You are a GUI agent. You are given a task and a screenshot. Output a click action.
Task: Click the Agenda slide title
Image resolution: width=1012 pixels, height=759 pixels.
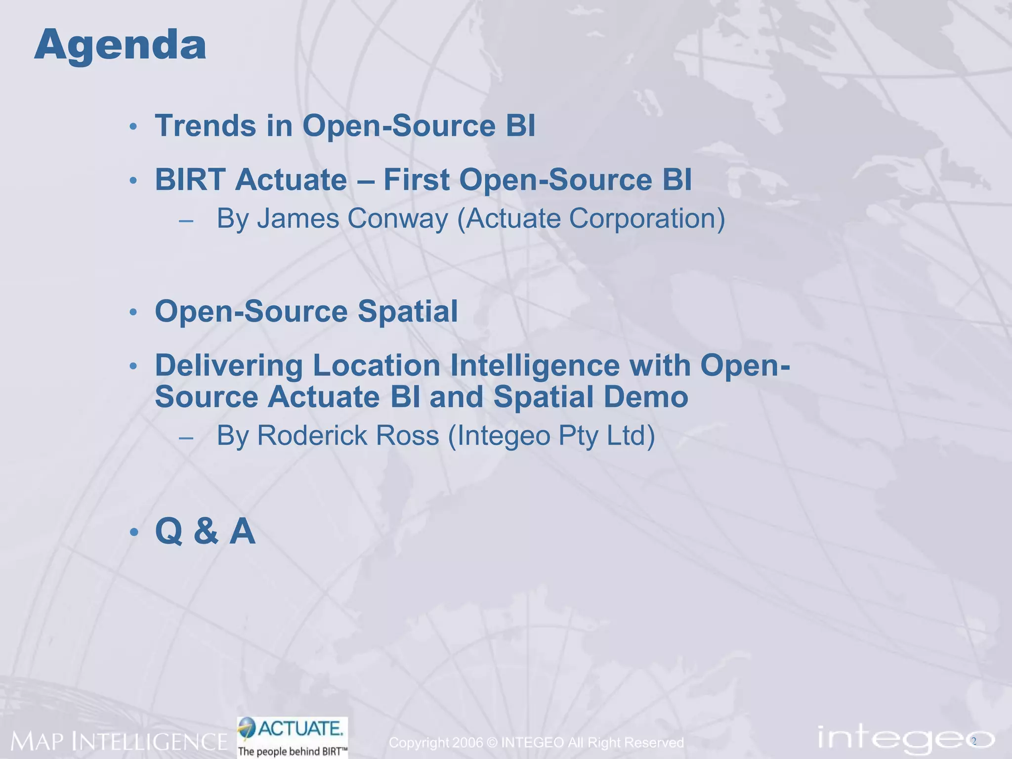120,45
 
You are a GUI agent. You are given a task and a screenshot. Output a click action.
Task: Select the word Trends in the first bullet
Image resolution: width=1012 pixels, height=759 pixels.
205,126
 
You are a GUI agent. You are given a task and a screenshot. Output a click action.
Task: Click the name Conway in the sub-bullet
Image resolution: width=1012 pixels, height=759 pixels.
397,218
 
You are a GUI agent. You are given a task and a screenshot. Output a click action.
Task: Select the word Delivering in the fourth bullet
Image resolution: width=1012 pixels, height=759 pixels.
229,366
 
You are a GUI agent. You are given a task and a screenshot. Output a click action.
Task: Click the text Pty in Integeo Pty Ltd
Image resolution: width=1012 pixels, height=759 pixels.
578,436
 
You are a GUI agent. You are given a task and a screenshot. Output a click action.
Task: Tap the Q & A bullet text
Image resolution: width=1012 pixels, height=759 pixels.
205,531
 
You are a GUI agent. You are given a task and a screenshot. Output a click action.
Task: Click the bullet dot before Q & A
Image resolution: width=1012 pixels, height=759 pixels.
133,533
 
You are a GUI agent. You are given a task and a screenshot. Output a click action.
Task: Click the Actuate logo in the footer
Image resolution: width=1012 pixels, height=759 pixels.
293,729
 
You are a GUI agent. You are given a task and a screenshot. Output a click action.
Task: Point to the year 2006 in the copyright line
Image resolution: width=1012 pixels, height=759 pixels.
467,743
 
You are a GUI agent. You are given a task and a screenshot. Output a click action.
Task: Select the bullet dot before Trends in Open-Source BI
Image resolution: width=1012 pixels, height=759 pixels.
133,127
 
